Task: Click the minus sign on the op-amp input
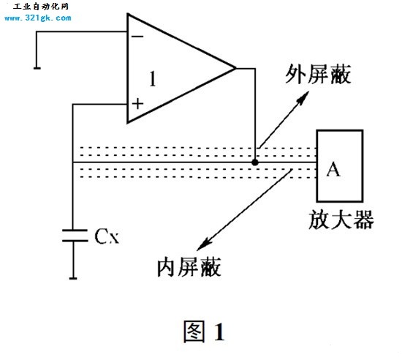tap(137, 37)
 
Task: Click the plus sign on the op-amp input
tap(137, 104)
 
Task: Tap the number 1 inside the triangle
tap(153, 78)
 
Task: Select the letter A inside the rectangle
tap(333, 169)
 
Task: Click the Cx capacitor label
tap(107, 236)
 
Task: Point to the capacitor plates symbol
tap(75, 236)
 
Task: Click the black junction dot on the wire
tap(255, 162)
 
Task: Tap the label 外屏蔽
tap(318, 74)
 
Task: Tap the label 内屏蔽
tap(189, 267)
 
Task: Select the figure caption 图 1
tap(205, 331)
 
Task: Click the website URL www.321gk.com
tap(38, 18)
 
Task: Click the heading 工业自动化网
tap(41, 7)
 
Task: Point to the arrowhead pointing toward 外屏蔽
tap(303, 97)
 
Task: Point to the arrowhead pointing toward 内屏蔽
tap(204, 244)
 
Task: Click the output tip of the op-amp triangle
tap(235, 68)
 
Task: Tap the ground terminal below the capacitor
tap(73, 278)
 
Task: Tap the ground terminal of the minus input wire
tap(37, 68)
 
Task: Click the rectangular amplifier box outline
tap(317, 166)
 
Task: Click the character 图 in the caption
tap(194, 331)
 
